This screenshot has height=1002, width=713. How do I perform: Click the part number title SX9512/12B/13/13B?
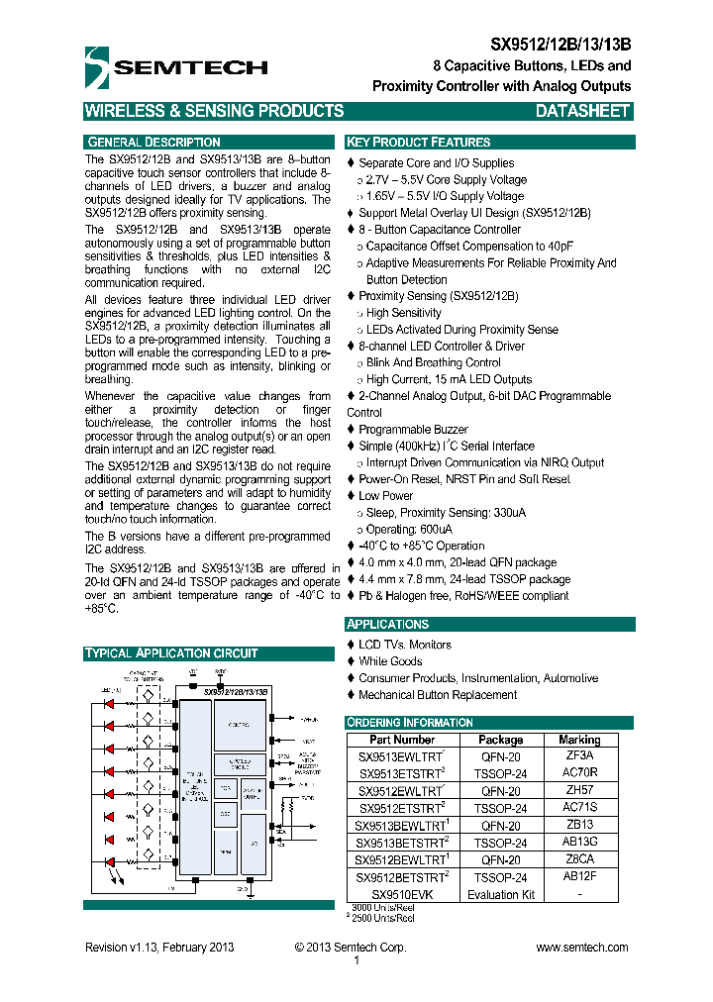pos(561,45)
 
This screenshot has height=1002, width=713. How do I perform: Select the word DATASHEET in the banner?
pos(582,112)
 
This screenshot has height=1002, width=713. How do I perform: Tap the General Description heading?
pos(153,142)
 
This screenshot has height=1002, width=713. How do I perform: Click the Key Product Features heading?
pos(418,142)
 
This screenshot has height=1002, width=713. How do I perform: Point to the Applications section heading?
pos(387,624)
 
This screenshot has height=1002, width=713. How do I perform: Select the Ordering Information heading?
pos(409,722)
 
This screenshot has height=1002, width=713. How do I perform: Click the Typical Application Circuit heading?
pos(171,653)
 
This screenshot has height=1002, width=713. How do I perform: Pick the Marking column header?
pos(579,740)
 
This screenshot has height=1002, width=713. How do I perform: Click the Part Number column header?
pos(402,740)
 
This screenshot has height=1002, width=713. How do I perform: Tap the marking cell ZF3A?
pos(579,755)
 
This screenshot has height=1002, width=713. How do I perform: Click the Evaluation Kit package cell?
pos(501,894)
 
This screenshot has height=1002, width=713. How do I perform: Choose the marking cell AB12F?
pos(579,877)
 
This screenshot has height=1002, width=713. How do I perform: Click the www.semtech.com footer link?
pos(582,948)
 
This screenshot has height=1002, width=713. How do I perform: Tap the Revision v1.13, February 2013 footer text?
pos(159,948)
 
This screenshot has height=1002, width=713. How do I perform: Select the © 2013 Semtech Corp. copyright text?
pos(351,948)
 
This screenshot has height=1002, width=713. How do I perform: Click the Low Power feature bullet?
pos(385,496)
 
